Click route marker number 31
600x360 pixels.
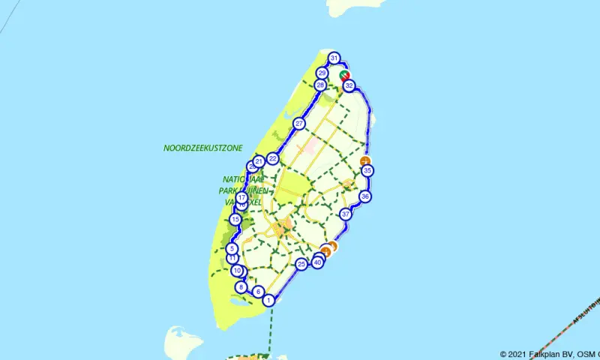pos(334,58)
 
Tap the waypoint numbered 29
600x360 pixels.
pos(322,73)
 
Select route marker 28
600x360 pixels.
pos(320,85)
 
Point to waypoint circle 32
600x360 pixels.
pos(349,86)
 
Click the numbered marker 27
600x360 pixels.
pos(299,124)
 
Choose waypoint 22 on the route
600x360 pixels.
pos(273,158)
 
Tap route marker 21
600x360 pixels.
pos(259,160)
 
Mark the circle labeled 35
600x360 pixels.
pos(367,171)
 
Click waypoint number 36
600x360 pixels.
pos(364,196)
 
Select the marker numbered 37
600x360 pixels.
pos(346,214)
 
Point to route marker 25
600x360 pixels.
pos(301,264)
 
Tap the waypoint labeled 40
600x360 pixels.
pos(318,262)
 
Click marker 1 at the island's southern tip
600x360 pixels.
pos(268,300)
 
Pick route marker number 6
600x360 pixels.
pos(258,292)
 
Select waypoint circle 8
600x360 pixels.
pos(241,287)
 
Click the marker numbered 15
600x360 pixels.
pos(235,219)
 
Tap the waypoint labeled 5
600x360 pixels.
pos(232,248)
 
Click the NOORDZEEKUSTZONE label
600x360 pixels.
pos(202,148)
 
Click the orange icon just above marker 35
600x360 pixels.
pos(365,161)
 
